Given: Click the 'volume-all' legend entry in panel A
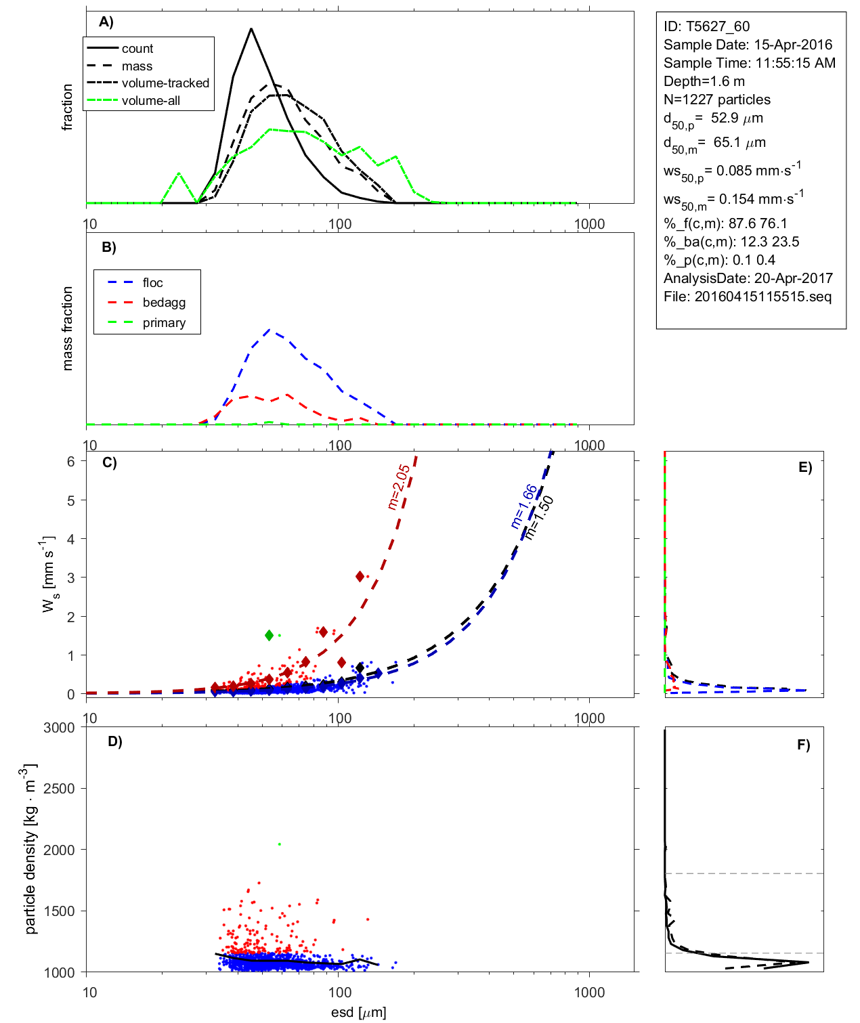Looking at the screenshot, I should (x=150, y=101).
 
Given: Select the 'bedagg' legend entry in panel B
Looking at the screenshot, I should (x=164, y=303).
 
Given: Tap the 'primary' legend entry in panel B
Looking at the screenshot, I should (x=164, y=323).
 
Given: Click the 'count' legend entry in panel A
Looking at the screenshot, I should (x=137, y=49).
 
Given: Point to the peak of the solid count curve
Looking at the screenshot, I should (x=251, y=29).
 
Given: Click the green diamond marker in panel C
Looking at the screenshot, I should (x=270, y=635).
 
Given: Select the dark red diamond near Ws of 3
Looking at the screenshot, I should (x=360, y=576).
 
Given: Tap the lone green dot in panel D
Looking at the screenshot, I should (x=280, y=844).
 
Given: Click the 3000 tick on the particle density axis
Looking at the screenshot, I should (x=59, y=728).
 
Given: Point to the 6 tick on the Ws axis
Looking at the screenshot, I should (x=70, y=461).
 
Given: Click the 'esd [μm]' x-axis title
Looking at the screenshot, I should (x=358, y=1013).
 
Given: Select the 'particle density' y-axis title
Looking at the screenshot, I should (x=30, y=849).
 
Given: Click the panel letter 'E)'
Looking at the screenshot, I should (x=804, y=467).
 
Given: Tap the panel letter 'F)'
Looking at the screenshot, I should (x=803, y=745).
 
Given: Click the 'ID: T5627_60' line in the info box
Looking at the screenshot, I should (x=706, y=26).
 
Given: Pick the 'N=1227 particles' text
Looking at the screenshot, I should (x=716, y=100).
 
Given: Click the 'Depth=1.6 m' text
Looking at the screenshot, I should (x=704, y=81).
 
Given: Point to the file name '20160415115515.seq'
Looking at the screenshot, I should (x=762, y=297).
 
